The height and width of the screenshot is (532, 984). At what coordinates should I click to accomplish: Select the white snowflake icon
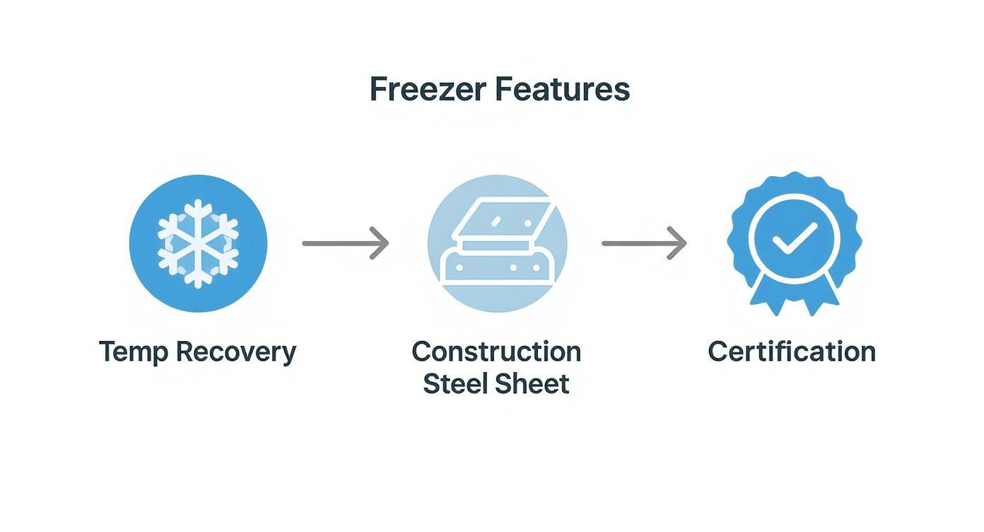click(198, 243)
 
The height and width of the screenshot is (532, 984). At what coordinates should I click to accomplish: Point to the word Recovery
click(236, 352)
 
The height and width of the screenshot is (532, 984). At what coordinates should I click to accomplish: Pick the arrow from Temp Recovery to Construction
click(345, 243)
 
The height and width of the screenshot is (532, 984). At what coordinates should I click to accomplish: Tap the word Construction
click(496, 352)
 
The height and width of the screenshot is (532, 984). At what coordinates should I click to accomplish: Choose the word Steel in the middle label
click(454, 383)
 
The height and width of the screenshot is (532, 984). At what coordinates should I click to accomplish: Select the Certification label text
click(792, 352)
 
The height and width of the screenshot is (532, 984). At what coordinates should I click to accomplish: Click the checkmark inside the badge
click(795, 239)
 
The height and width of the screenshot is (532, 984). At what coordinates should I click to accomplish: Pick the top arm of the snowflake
click(198, 212)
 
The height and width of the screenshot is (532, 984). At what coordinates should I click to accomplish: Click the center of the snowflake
click(198, 243)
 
